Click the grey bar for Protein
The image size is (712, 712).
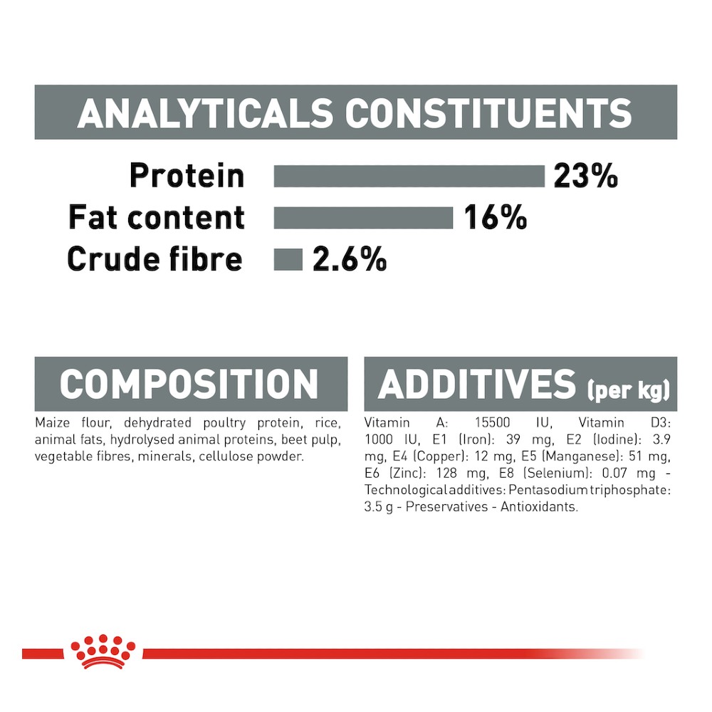[x=409, y=176]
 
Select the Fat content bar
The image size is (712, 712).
[x=363, y=217]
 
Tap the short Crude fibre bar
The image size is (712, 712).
[x=288, y=260]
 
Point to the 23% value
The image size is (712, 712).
[x=586, y=176]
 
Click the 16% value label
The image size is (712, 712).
[x=496, y=217]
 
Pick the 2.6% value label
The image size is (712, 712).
[x=350, y=259]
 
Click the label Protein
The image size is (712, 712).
[x=187, y=175]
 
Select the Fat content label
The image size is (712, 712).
[x=157, y=217]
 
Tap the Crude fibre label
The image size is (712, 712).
[x=155, y=259]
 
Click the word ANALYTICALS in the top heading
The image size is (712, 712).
[x=205, y=113]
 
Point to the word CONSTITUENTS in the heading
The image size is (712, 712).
[x=488, y=113]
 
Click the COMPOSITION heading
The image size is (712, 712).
[x=189, y=384]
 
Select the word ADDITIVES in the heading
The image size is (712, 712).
[x=477, y=384]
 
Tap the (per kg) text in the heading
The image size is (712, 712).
[x=629, y=390]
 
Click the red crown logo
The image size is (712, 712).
[x=103, y=651]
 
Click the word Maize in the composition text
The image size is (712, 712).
[x=52, y=423]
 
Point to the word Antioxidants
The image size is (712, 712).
[x=539, y=507]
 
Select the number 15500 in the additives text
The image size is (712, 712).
[x=493, y=423]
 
